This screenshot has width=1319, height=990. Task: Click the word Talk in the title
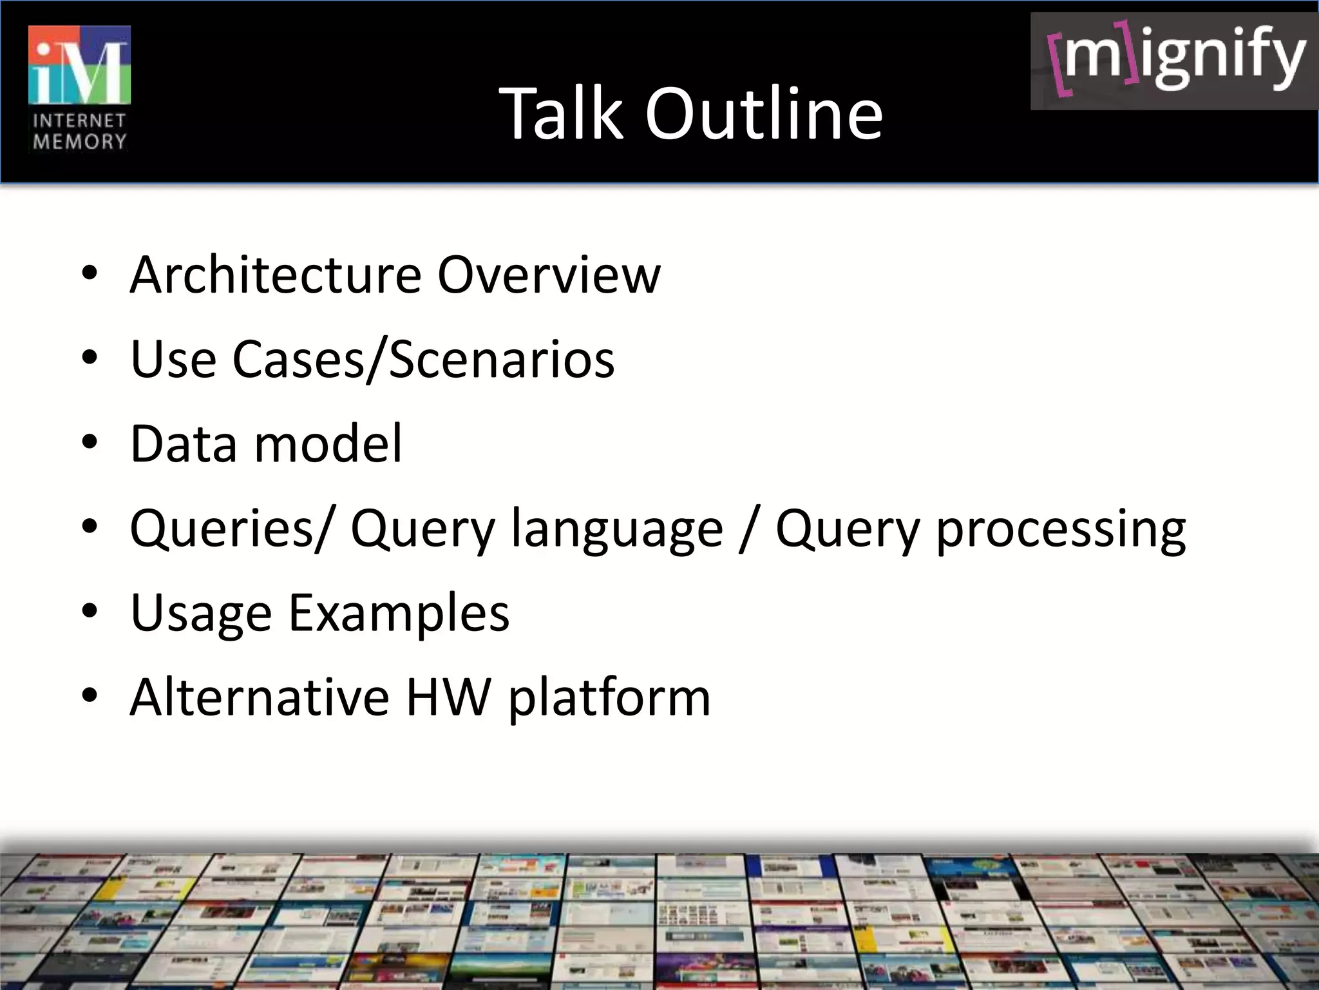(561, 114)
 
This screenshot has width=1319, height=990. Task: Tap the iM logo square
(79, 65)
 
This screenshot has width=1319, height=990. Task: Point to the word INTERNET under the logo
(79, 121)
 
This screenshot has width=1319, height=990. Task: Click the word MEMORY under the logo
(79, 142)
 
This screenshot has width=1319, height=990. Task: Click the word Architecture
(276, 275)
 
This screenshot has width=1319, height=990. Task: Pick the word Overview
(549, 275)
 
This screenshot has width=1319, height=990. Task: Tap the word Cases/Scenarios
(423, 359)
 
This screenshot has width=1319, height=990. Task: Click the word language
(617, 529)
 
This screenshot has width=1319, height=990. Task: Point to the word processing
(1060, 529)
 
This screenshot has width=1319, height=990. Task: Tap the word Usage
(201, 613)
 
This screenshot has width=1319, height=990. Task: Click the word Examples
(399, 613)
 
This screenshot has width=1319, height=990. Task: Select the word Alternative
(260, 697)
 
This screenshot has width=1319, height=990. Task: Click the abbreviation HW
(449, 697)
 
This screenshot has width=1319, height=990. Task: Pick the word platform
(609, 697)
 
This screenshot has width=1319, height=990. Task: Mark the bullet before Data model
(90, 443)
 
